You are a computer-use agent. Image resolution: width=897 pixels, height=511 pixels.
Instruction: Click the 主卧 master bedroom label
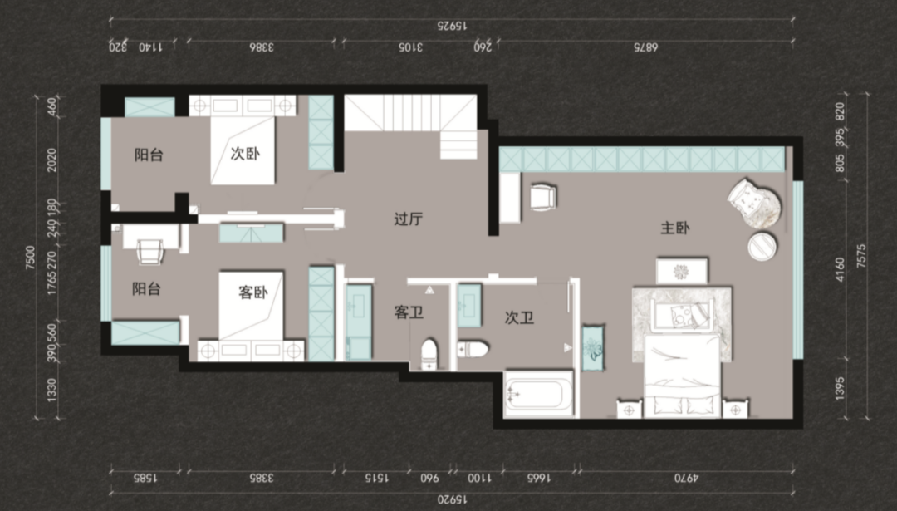point(675,228)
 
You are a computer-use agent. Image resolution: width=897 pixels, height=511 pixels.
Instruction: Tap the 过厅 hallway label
point(409,219)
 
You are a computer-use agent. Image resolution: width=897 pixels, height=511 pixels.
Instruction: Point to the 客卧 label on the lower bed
point(252,293)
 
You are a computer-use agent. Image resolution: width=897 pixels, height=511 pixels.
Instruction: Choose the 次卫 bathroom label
point(519,317)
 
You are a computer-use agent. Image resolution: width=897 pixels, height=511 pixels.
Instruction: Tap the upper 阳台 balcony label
point(149,155)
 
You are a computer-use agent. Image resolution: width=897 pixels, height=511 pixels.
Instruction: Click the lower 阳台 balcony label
point(146,289)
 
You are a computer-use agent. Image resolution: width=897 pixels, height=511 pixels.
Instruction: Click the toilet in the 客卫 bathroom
point(429,353)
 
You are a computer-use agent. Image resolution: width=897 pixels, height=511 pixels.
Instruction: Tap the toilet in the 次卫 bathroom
point(473,348)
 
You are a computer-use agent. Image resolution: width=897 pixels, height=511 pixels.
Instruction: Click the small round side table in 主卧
point(762,245)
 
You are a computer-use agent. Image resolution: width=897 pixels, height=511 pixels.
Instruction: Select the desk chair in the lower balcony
point(150,250)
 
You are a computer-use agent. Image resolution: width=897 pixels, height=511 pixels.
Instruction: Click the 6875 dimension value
point(645,47)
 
